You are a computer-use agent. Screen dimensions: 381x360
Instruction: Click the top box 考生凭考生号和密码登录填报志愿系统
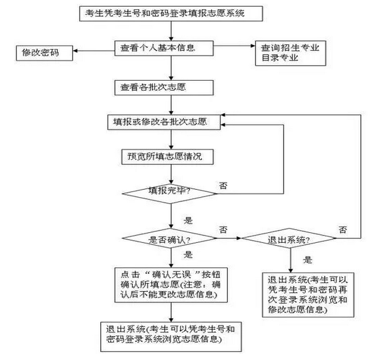(171, 14)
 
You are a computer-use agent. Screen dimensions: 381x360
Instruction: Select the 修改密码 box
(45, 53)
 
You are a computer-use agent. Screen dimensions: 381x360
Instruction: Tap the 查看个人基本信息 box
(164, 48)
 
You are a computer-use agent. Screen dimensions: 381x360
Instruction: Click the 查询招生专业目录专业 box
(290, 53)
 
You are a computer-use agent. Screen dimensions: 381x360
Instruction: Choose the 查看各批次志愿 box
(164, 87)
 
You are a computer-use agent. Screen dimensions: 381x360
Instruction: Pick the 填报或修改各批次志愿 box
(164, 122)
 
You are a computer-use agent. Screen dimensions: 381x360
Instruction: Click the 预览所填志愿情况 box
(167, 157)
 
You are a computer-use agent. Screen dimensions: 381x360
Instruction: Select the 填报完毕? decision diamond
(170, 194)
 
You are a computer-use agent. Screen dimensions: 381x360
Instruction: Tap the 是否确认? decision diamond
(170, 238)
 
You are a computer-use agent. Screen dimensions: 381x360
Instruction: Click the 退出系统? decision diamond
(289, 238)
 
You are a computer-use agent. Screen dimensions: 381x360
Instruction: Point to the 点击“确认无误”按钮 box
(171, 285)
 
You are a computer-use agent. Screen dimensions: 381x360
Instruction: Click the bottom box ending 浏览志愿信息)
(171, 337)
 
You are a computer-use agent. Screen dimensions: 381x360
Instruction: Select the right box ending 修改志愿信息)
(308, 295)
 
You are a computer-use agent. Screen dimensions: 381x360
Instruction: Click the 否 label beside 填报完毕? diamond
(223, 186)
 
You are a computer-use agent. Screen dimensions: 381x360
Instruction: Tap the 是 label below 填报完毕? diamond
(188, 221)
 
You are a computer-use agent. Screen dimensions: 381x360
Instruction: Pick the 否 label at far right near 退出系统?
(343, 230)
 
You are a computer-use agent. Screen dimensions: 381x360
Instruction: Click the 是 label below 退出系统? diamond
(308, 260)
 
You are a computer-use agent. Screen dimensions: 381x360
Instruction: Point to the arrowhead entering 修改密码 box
(75, 51)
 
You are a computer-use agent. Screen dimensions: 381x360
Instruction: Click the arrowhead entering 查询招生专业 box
(253, 46)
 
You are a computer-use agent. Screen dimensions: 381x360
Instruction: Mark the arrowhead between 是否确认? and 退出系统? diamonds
(238, 238)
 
